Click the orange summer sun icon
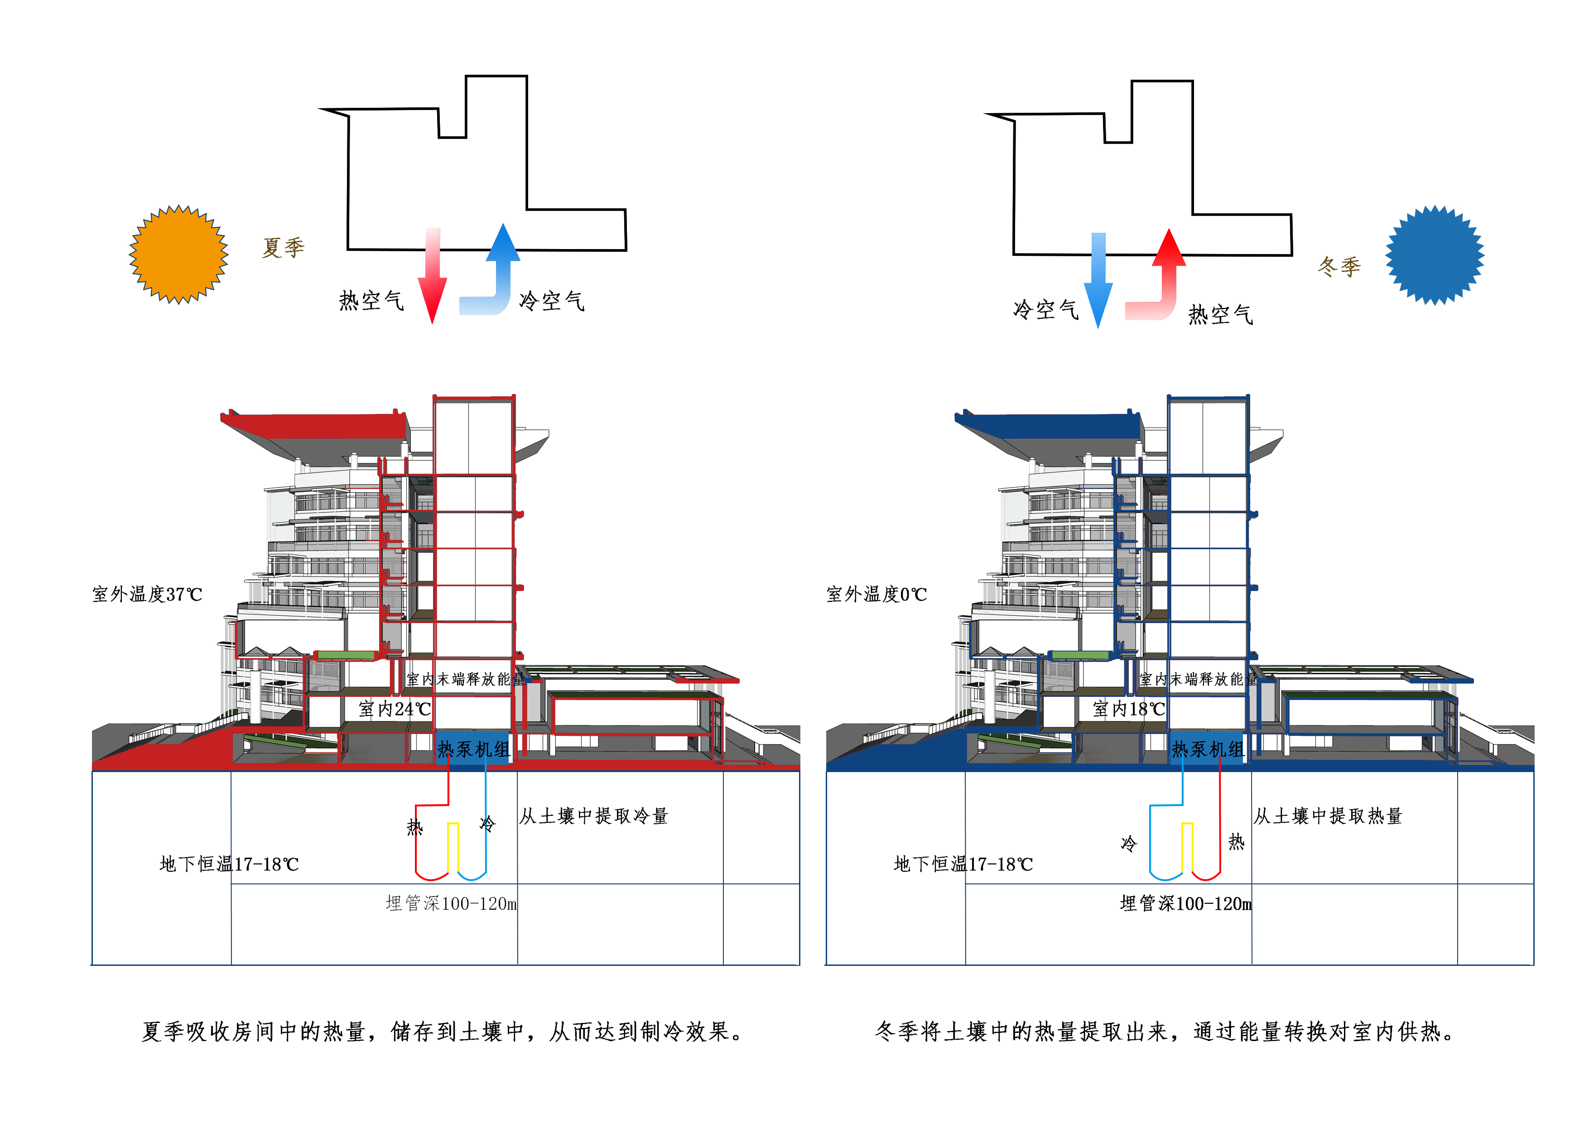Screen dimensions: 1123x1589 pos(178,254)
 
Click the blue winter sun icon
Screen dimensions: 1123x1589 pos(1434,254)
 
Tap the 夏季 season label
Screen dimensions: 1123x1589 pos(283,247)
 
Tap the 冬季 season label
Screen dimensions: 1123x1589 pos(1339,266)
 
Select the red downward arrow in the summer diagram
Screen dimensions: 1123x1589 pos(433,277)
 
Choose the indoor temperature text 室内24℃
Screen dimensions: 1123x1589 pos(395,709)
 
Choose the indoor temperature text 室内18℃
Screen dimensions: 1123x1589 pos(1129,709)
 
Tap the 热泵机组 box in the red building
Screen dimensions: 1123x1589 pos(473,749)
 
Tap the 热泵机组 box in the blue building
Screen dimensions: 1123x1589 pos(1208,749)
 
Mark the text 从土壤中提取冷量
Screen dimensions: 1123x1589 pos(594,816)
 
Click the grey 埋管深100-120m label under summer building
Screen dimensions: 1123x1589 pos(451,904)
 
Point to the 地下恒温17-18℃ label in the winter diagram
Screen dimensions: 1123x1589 pos(963,864)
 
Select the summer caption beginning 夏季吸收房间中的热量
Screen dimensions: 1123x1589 pos(443,1032)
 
